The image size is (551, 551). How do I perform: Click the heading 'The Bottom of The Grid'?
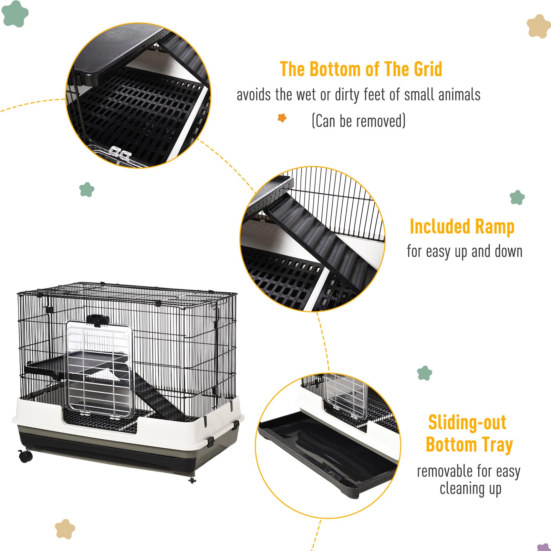pyautogui.click(x=361, y=69)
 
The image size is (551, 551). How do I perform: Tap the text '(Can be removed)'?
pyautogui.click(x=358, y=121)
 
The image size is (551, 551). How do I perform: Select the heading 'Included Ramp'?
pyautogui.click(x=462, y=227)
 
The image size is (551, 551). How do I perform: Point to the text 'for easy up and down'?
pyautogui.click(x=465, y=251)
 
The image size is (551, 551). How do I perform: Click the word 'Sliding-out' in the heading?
pyautogui.click(x=467, y=423)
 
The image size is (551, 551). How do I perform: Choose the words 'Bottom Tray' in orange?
pyautogui.click(x=469, y=445)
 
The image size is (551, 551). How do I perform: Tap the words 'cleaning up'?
pyautogui.click(x=470, y=489)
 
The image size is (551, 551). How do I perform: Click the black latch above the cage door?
pyautogui.click(x=97, y=320)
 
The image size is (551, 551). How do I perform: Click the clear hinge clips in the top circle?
pyautogui.click(x=120, y=154)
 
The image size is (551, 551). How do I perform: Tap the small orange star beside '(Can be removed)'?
pyautogui.click(x=282, y=118)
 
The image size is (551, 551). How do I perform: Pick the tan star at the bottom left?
pyautogui.click(x=65, y=529)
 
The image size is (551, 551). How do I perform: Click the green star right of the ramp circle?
pyautogui.click(x=517, y=198)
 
